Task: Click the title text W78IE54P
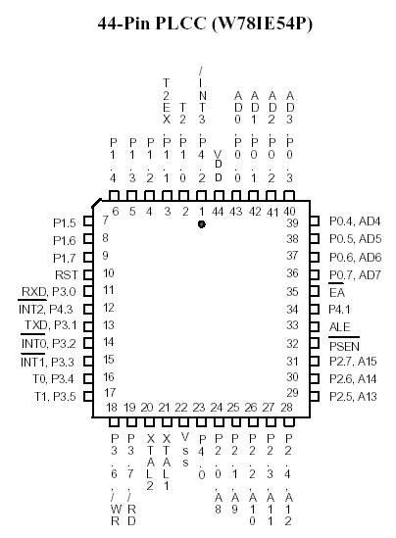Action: [262, 24]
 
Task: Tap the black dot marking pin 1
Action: [202, 224]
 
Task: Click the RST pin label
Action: [67, 274]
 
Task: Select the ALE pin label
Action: [340, 327]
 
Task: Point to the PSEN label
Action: [344, 347]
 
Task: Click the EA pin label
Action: [336, 293]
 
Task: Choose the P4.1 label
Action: [339, 310]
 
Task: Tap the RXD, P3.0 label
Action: [49, 292]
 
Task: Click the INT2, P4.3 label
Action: [46, 309]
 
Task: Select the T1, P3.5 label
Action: [55, 397]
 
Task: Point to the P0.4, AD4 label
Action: [355, 221]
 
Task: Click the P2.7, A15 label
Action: [353, 362]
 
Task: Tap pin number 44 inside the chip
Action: [218, 212]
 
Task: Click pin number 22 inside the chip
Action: [181, 408]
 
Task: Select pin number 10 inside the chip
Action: [109, 273]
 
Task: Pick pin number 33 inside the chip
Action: [292, 325]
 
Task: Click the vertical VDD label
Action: [218, 166]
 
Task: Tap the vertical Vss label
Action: [185, 450]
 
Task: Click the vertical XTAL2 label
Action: [150, 463]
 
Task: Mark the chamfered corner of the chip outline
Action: [97, 203]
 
